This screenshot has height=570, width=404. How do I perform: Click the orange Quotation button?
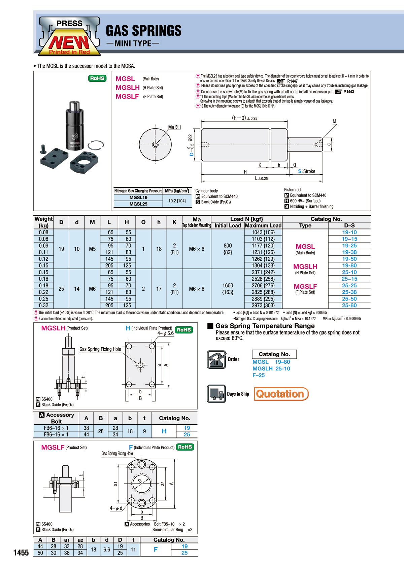pyautogui.click(x=281, y=394)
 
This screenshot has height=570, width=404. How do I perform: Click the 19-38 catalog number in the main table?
pyautogui.click(x=349, y=252)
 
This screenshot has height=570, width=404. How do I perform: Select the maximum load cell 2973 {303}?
pyautogui.click(x=263, y=306)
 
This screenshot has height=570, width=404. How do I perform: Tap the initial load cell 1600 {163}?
pyautogui.click(x=228, y=289)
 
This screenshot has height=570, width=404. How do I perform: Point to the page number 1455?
pyautogui.click(x=21, y=553)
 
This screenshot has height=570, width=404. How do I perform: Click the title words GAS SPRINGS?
pyautogui.click(x=143, y=31)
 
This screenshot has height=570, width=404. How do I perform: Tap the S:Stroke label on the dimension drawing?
pyautogui.click(x=306, y=171)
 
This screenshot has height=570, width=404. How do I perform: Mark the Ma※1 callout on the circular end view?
pyautogui.click(x=174, y=127)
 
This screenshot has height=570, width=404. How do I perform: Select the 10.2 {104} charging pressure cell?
pyautogui.click(x=177, y=201)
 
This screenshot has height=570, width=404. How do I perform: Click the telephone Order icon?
pyautogui.click(x=216, y=359)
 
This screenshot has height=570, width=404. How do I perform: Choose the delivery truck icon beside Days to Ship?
pyautogui.click(x=216, y=394)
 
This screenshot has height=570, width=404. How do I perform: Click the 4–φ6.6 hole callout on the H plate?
pyautogui.click(x=166, y=333)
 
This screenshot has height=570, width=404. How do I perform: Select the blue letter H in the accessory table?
pyautogui.click(x=164, y=431)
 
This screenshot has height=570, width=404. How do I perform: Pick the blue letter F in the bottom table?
pyautogui.click(x=156, y=549)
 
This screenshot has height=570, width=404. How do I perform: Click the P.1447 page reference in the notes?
pyautogui.click(x=292, y=81)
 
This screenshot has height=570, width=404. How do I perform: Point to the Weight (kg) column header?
pyautogui.click(x=43, y=222)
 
